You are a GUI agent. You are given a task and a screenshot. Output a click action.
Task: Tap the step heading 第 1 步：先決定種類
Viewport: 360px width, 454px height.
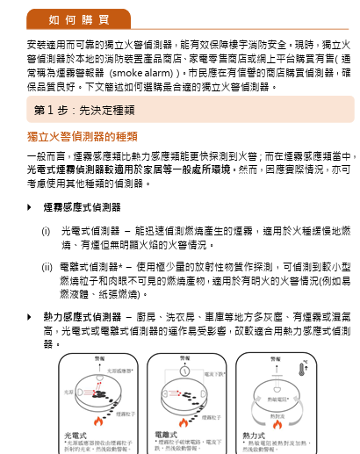click(x=80, y=110)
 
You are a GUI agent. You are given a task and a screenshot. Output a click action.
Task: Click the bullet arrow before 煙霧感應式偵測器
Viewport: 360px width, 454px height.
click(x=31, y=207)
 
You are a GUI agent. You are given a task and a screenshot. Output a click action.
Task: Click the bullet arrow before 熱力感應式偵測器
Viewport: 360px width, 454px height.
click(x=31, y=316)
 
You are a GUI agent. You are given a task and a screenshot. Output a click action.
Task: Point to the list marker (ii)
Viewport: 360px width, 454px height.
click(x=47, y=265)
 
